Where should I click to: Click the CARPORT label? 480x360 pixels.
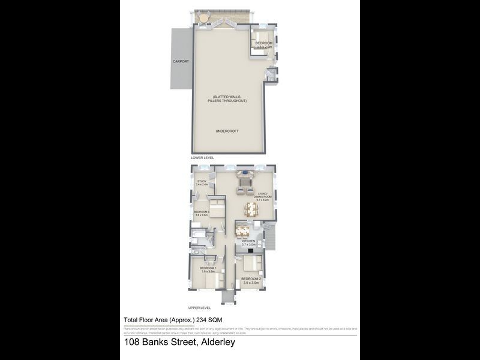click(181, 61)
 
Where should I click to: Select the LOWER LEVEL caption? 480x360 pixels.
click(202, 157)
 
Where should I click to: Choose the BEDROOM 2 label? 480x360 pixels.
click(251, 280)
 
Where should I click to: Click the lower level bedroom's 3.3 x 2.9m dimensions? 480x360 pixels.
click(264, 47)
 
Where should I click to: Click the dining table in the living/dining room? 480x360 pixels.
click(251, 209)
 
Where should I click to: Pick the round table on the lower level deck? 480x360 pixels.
click(205, 19)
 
